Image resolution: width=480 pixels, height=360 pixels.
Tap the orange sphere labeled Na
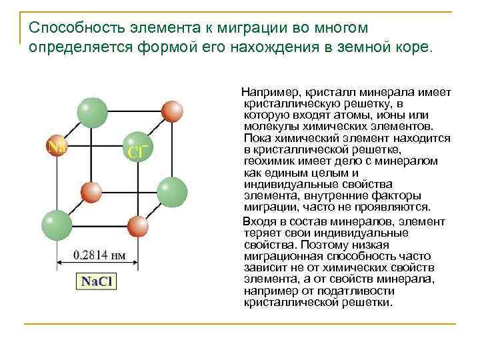click(55, 145)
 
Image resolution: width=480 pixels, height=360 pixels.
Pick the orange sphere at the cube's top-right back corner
click(173, 111)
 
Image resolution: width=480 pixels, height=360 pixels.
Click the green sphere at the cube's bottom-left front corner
click(55, 225)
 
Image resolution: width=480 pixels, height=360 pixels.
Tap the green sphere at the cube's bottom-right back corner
click(172, 191)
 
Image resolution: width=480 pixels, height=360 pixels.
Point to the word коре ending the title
click(413, 48)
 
